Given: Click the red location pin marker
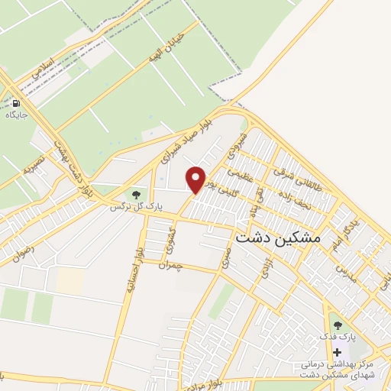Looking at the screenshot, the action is coord(196,179).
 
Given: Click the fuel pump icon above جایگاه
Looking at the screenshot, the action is coord(16,103).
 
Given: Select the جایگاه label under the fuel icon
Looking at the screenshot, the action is coord(16,115).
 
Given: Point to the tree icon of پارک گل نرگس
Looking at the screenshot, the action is coord(136,194).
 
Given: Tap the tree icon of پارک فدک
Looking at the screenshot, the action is coord(338,325).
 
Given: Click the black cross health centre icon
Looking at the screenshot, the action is coord(338,352).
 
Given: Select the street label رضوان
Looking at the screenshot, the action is coord(23,251).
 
